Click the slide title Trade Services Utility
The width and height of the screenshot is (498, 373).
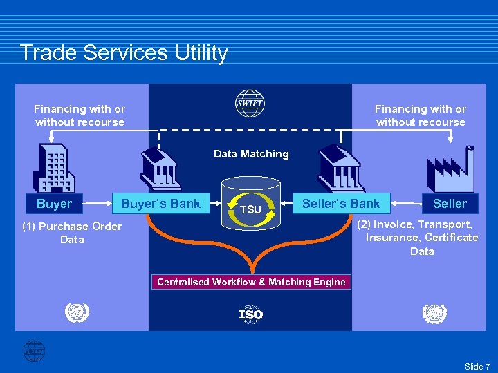pos(124,53)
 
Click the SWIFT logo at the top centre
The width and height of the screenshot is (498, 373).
pos(250,103)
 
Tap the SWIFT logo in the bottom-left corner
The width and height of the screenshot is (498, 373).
pos(33,351)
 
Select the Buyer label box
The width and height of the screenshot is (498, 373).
pos(54,204)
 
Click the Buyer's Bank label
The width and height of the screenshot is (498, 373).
pos(160,204)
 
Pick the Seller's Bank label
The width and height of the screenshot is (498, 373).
pos(341,203)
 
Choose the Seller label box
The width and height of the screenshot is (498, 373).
pos(450,204)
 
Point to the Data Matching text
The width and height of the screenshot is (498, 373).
pos(251,154)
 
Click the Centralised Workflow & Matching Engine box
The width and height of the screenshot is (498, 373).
pos(251,282)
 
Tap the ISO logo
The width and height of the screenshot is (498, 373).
pos(250,314)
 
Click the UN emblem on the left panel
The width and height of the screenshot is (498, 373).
pos(77,314)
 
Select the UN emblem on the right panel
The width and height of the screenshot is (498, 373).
pos(434,314)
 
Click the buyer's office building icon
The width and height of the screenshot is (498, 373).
pos(53,169)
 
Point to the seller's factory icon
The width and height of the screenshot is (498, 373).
pos(450,169)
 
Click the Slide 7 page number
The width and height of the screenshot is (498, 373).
pos(477,366)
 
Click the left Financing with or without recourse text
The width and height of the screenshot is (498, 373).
pos(80,115)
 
